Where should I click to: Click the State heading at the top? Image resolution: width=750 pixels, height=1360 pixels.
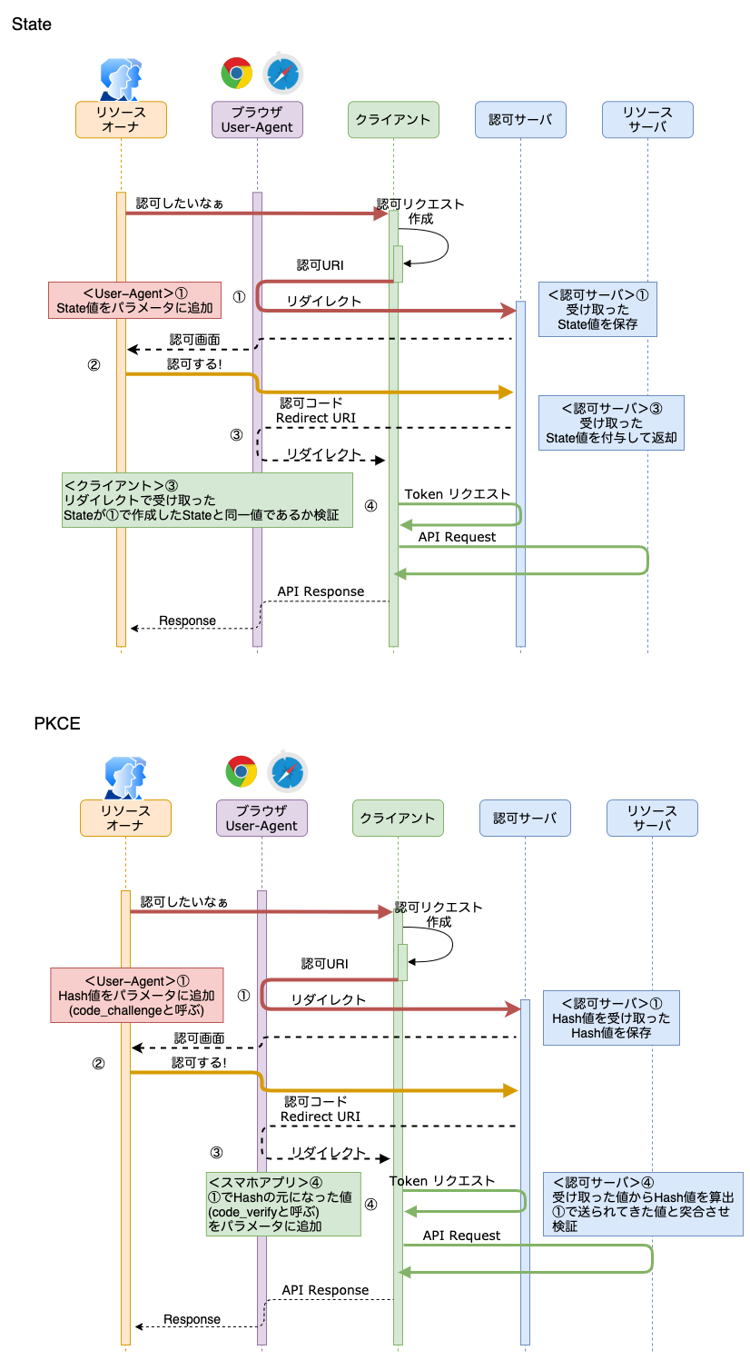(32, 25)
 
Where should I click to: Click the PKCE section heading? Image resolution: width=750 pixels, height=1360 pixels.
(57, 724)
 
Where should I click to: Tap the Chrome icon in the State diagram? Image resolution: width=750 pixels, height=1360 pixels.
(237, 73)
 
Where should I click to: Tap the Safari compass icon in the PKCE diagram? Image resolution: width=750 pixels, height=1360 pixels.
(288, 771)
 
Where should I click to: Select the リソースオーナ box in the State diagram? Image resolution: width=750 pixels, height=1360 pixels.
(121, 119)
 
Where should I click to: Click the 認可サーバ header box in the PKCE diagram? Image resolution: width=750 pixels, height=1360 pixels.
(525, 818)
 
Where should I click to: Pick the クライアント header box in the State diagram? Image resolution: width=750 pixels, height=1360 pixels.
(393, 119)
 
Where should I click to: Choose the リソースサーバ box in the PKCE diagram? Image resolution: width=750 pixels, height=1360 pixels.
(652, 818)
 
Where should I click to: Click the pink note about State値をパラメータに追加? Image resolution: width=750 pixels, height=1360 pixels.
(134, 301)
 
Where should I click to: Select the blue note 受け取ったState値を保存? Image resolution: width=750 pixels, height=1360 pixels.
(597, 310)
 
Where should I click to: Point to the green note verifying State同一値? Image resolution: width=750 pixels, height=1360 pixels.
(207, 500)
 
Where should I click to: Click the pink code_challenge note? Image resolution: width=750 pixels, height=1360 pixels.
(136, 996)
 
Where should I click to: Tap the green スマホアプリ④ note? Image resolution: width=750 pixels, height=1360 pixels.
(282, 1204)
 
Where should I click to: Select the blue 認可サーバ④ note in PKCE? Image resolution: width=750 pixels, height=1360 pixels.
(643, 1204)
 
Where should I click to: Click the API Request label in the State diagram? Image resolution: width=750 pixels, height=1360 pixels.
(457, 537)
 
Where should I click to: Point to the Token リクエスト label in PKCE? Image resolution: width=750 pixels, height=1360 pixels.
(442, 1180)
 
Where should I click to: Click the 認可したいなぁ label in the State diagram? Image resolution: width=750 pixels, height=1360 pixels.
(180, 203)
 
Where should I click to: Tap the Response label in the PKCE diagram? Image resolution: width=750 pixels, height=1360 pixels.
(192, 1319)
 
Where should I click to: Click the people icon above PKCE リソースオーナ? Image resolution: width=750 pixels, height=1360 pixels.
(125, 776)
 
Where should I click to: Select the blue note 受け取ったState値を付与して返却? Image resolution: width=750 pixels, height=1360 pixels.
(610, 422)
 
